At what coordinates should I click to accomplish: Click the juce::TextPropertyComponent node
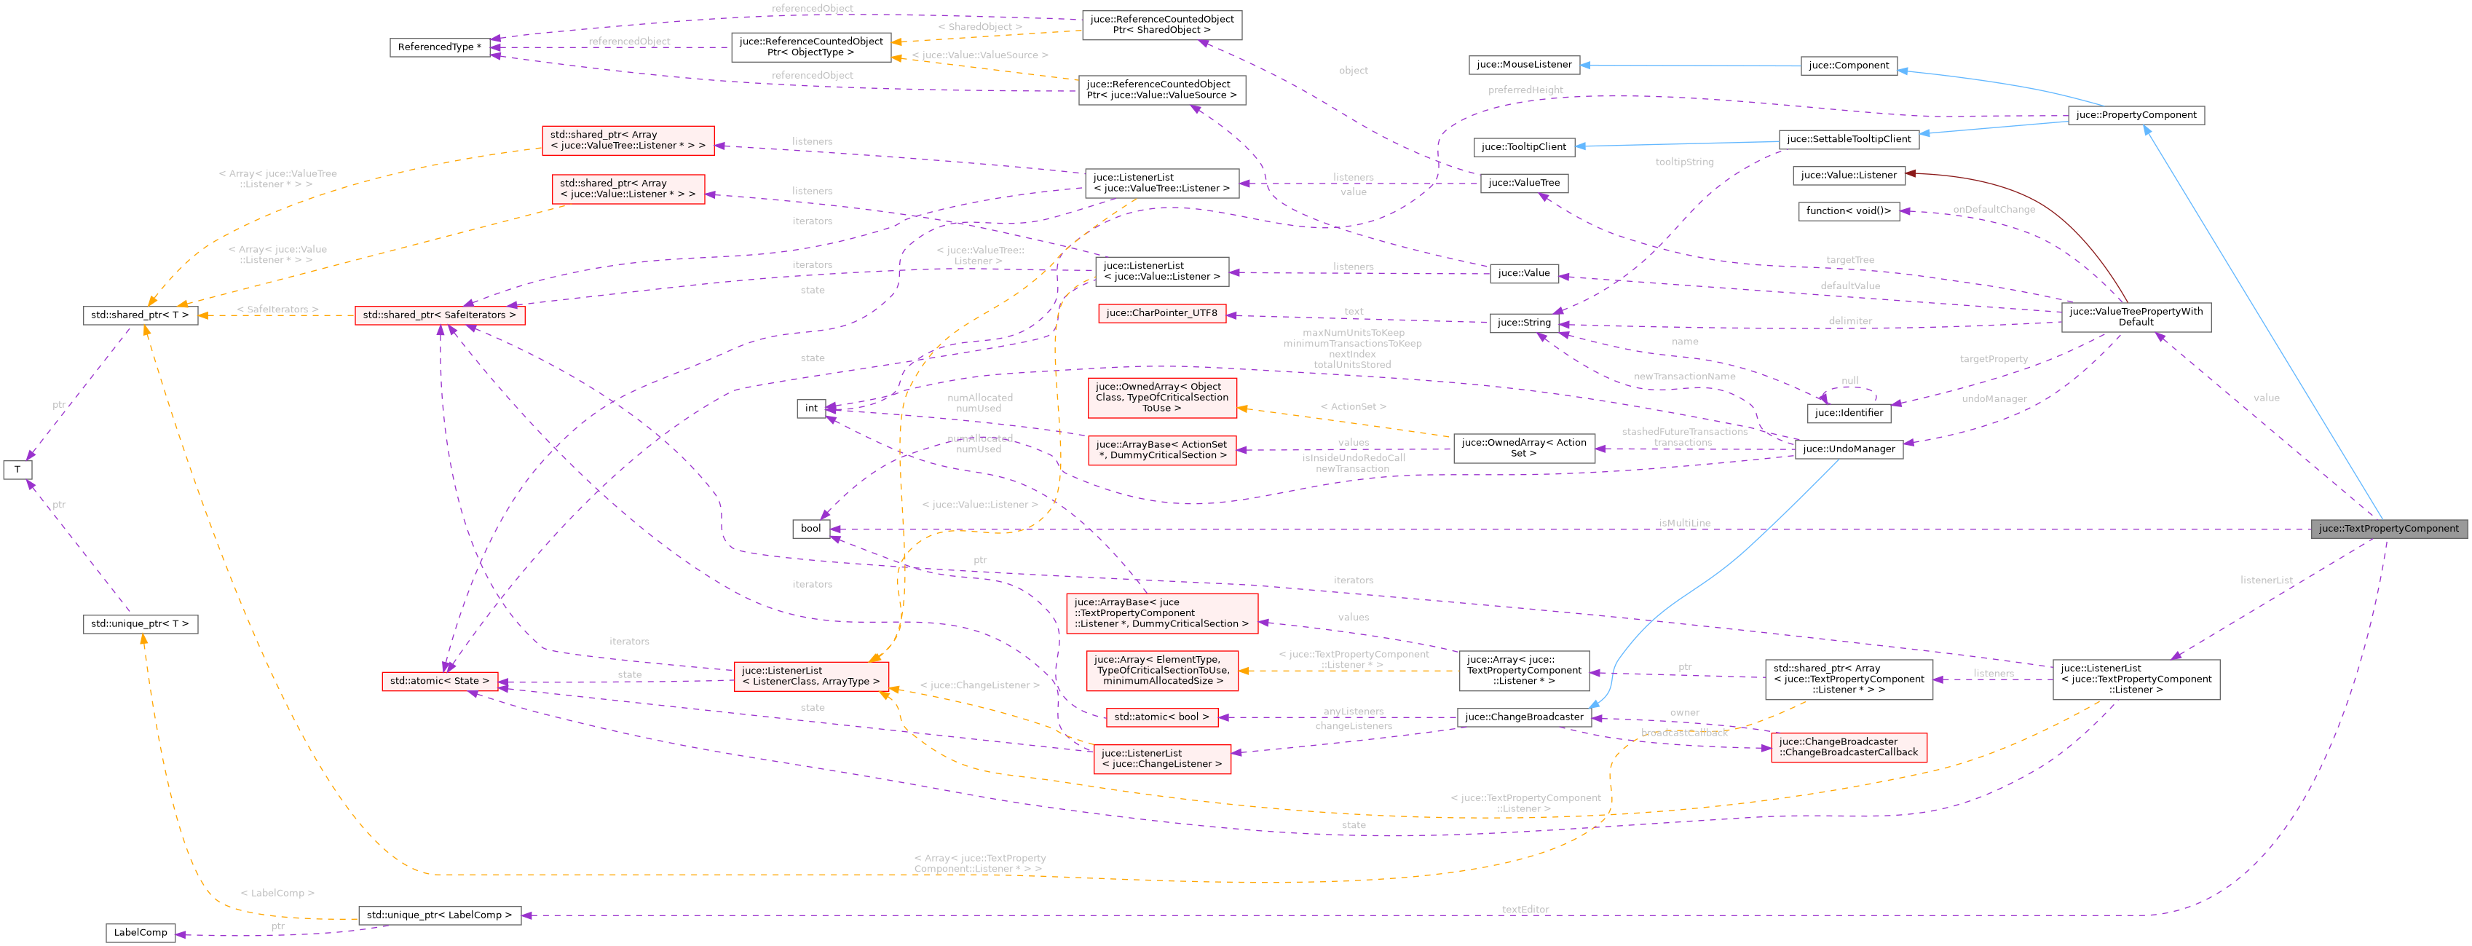pos(2388,529)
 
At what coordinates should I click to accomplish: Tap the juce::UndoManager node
pos(1848,449)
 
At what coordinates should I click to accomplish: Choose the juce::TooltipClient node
pos(1523,147)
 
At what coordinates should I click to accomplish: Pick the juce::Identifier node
pos(1848,414)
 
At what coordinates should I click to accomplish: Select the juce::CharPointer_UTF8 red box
pos(1161,312)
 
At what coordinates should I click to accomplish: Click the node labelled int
pos(811,409)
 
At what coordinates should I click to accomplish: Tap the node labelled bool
pos(811,529)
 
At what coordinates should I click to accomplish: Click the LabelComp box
pos(140,933)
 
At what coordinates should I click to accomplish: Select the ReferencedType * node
pos(440,47)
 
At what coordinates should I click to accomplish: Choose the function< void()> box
pos(1848,211)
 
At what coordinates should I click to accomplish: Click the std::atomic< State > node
pos(440,681)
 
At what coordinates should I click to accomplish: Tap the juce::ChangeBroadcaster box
pos(1524,717)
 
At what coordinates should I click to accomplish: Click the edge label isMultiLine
pos(1684,523)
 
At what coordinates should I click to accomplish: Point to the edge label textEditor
pos(1525,910)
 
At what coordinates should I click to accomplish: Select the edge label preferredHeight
pos(1525,90)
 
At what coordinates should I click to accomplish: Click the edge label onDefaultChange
pos(1993,209)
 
